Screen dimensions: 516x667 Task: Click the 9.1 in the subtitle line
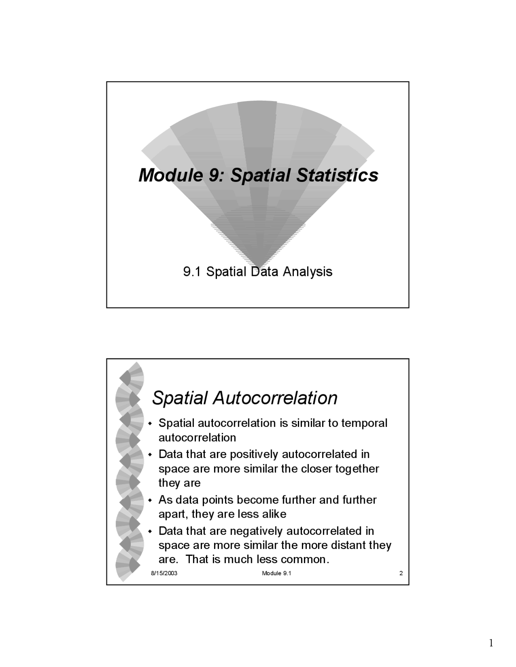[x=192, y=272]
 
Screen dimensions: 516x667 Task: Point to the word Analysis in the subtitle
[x=307, y=272]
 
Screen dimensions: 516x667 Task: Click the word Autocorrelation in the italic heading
[x=275, y=398]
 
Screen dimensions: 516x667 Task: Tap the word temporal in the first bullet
[x=364, y=423]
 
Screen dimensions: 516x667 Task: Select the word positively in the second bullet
[x=254, y=454]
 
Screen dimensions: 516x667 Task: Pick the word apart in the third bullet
[x=173, y=514]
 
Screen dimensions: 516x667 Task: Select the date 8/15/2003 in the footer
[x=164, y=573]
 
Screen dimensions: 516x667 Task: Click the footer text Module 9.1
[x=277, y=573]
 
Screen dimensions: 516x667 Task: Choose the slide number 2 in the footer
[x=401, y=573]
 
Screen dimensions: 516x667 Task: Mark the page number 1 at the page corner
[x=491, y=643]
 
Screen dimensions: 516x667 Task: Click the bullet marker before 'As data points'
[x=150, y=501]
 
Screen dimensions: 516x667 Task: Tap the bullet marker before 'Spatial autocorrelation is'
[x=150, y=424]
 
